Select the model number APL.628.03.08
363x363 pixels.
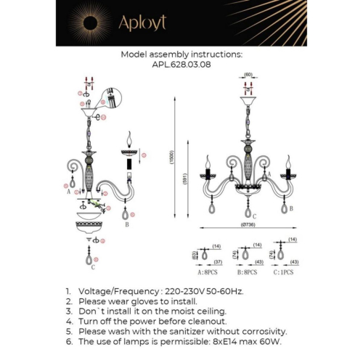(x=181, y=64)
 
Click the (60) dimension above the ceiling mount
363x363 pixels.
(x=247, y=75)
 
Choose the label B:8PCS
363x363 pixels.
(x=243, y=272)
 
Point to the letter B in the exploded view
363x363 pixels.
(x=127, y=224)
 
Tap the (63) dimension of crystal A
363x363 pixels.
(x=195, y=255)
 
